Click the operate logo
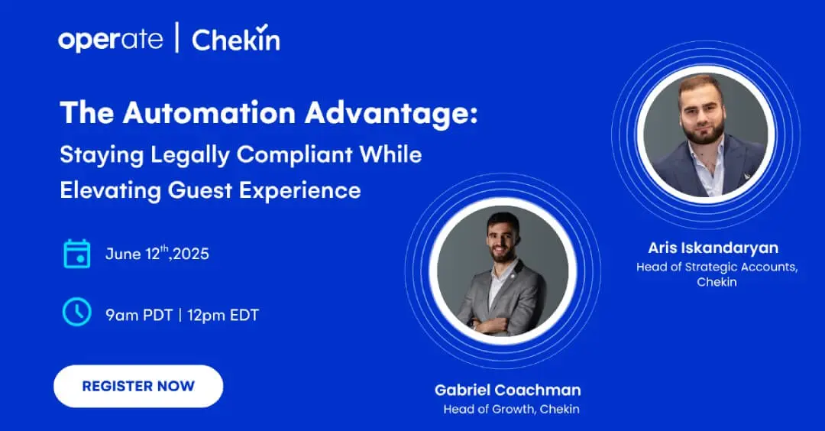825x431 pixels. (x=111, y=40)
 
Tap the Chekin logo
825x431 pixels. (x=236, y=38)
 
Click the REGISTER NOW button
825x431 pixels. (x=138, y=386)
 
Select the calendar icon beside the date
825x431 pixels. (x=77, y=254)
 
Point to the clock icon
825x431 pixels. (x=77, y=312)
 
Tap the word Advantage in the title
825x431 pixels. (x=391, y=114)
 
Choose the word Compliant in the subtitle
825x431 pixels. (x=294, y=155)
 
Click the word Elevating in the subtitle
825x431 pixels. (x=110, y=190)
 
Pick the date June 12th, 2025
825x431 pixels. (x=157, y=253)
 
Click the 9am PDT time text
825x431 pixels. (x=139, y=315)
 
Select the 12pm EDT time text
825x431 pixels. (x=223, y=315)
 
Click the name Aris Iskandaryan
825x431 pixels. (x=713, y=248)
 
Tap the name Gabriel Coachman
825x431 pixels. (x=508, y=390)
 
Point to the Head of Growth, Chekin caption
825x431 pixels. (x=511, y=409)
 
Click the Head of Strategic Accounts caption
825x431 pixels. (x=717, y=274)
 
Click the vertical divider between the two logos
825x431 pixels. (x=176, y=38)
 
